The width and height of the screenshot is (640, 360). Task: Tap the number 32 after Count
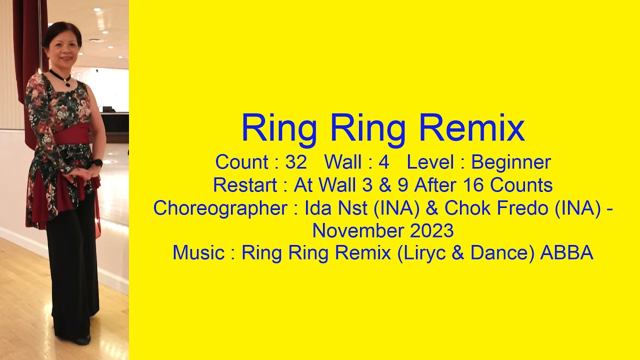296,162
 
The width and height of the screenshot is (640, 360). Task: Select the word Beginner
511,162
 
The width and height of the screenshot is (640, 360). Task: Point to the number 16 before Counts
474,185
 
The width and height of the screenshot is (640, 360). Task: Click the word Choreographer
220,208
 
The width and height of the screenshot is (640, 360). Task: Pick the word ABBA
566,253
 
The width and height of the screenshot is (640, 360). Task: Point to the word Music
198,253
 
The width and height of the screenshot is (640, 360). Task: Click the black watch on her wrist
97,163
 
